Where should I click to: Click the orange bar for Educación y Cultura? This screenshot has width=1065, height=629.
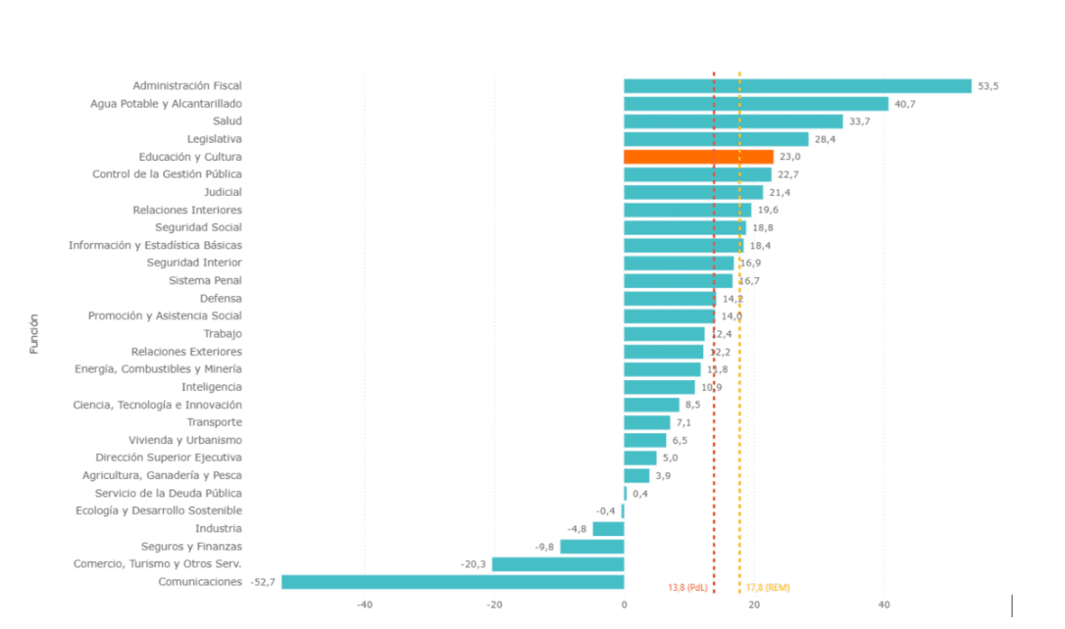698,157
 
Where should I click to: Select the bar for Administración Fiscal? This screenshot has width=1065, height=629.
797,86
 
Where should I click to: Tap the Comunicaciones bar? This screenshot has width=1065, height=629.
452,582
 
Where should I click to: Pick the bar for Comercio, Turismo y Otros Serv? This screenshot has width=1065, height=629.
557,564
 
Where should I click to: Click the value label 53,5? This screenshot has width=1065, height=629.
988,86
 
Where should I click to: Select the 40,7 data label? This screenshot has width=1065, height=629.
905,104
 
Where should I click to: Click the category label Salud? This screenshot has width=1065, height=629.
227,121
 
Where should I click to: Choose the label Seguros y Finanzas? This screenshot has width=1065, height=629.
191,547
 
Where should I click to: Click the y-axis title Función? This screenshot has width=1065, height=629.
34,333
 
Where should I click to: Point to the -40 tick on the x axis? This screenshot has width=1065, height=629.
364,605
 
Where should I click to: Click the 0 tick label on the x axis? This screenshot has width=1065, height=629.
624,605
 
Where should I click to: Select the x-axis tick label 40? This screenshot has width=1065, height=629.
884,605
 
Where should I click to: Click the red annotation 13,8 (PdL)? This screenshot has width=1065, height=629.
687,588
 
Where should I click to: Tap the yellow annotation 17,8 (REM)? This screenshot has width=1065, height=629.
768,588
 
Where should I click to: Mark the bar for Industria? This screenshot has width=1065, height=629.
608,529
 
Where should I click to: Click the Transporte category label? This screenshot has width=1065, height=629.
214,422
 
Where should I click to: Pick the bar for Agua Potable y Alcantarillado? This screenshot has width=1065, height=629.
755,104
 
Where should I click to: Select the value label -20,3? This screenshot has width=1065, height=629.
474,564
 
